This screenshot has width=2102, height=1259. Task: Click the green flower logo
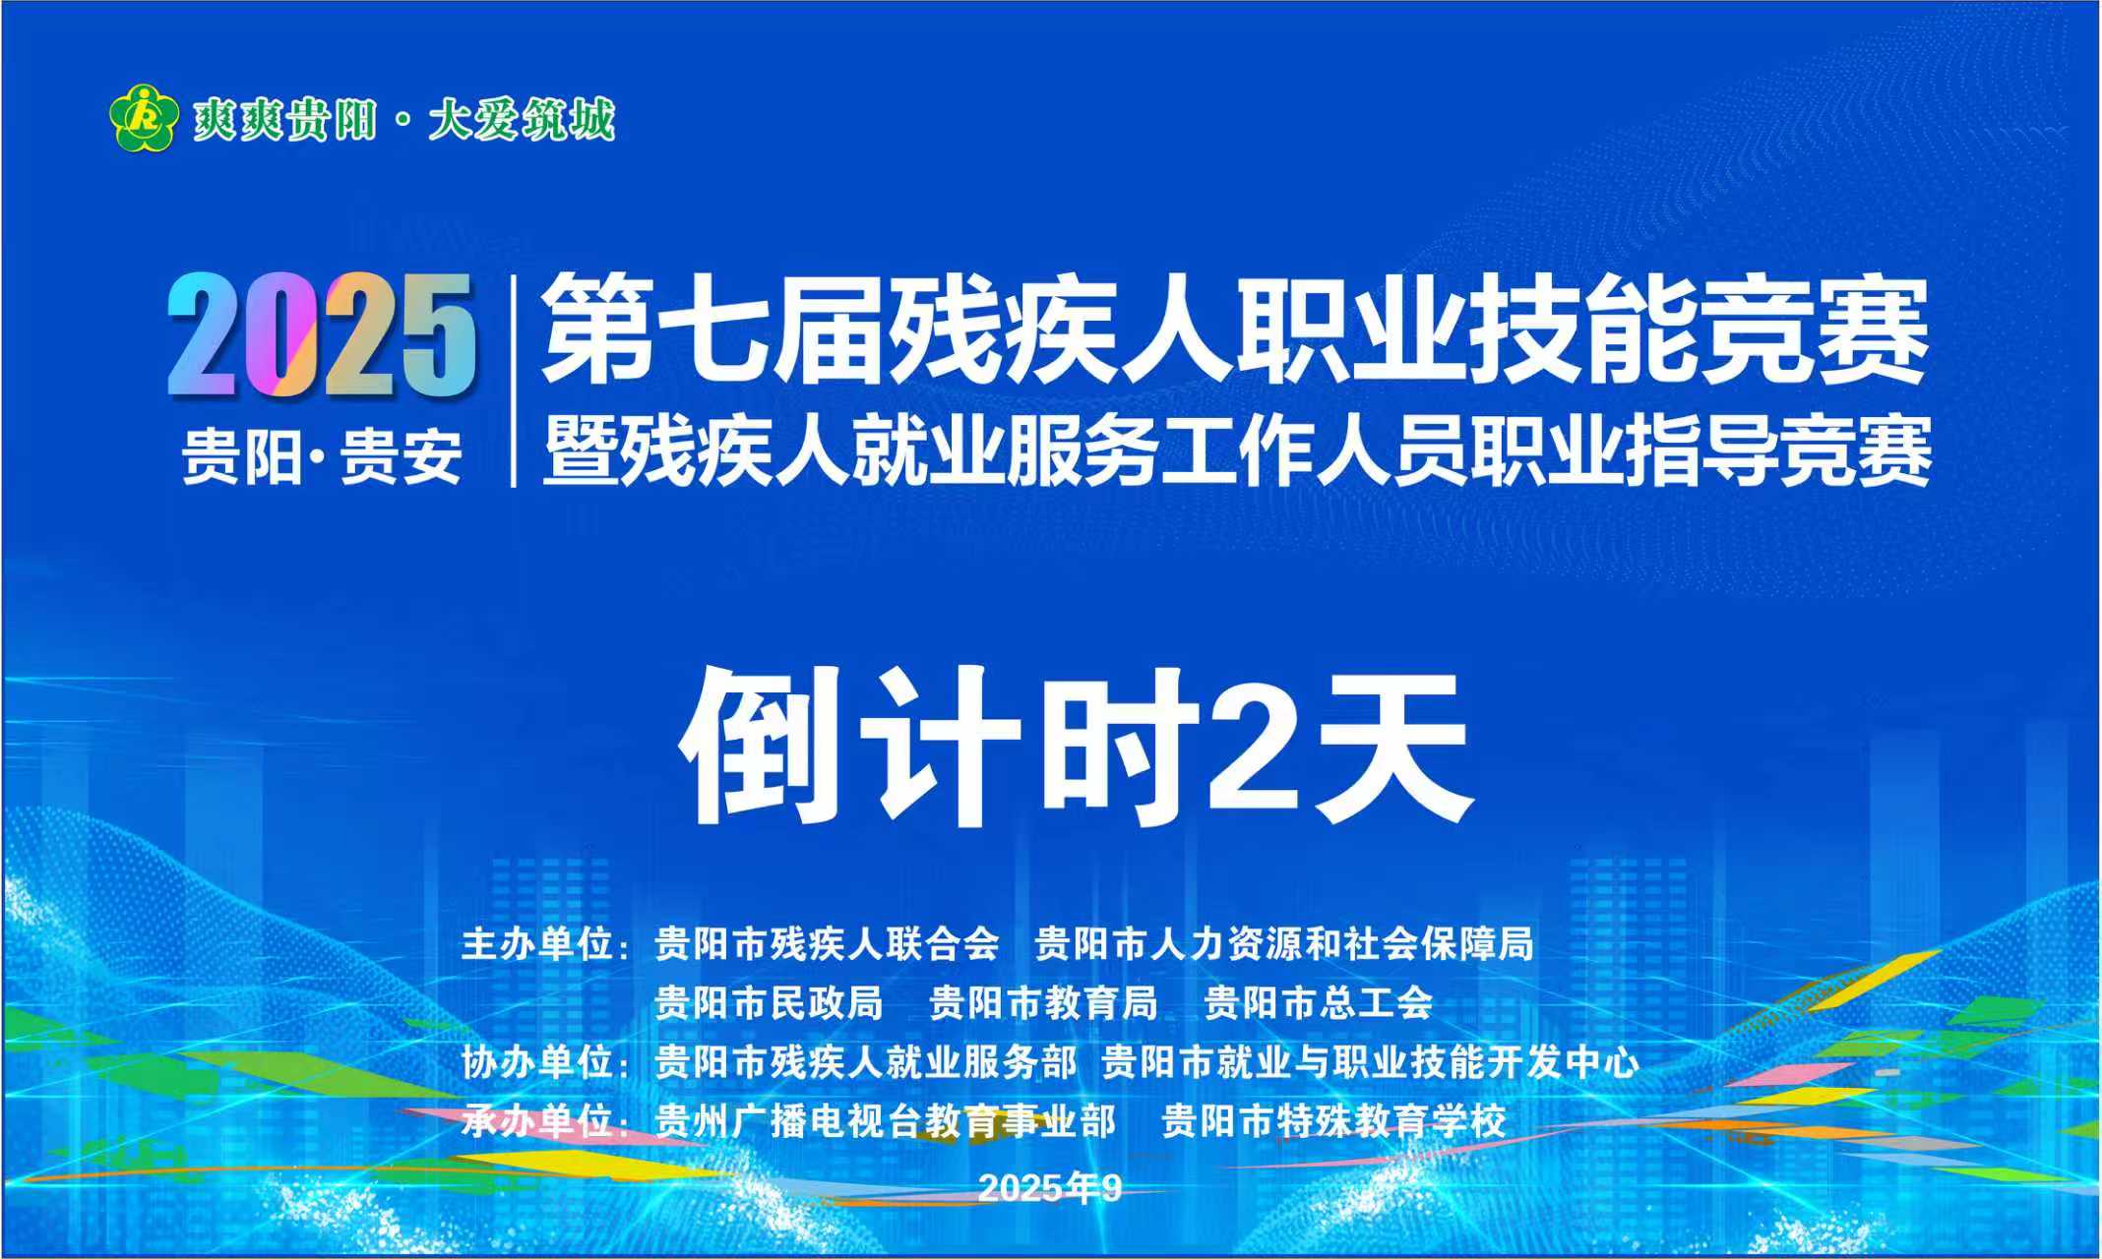(x=144, y=118)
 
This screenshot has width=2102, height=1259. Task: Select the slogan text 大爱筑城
(x=522, y=120)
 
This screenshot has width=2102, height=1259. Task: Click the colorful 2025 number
(x=321, y=335)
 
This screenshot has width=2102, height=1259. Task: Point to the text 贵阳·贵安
(x=322, y=456)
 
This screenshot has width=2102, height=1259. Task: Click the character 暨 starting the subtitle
(x=581, y=451)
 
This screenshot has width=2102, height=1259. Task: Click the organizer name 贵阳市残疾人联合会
(x=828, y=944)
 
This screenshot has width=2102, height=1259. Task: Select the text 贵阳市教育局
(x=1044, y=1003)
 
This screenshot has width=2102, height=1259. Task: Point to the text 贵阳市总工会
(x=1319, y=1003)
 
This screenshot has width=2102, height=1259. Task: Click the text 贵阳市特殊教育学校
(x=1333, y=1121)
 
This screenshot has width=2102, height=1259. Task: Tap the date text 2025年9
(x=1050, y=1188)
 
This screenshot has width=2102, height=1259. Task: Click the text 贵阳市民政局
(x=770, y=1003)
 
